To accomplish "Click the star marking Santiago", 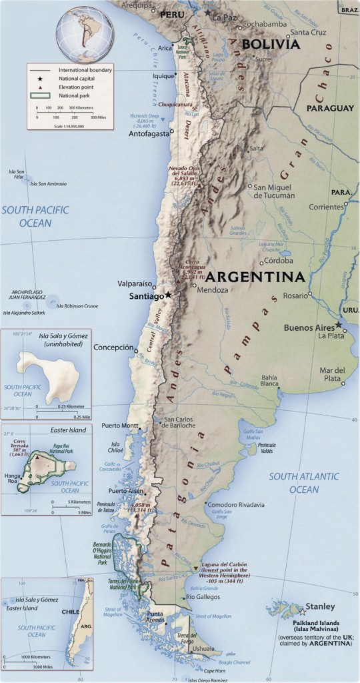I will click(169, 295).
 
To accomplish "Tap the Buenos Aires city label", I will click(309, 327).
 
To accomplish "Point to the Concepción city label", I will click(115, 348).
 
